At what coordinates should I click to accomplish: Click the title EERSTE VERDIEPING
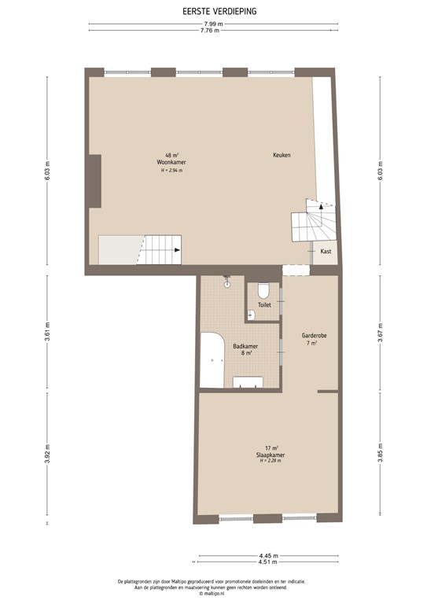[213, 12]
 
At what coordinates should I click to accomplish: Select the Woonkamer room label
[165, 162]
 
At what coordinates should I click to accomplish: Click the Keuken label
[282, 155]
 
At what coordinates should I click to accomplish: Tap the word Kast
[326, 251]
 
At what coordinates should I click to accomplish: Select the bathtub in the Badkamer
[212, 359]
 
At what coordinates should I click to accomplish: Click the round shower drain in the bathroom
[226, 285]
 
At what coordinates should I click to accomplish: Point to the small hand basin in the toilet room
[252, 314]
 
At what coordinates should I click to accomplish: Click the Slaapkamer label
[269, 455]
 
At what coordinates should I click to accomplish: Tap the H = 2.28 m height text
[270, 461]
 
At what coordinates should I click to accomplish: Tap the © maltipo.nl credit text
[212, 594]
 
